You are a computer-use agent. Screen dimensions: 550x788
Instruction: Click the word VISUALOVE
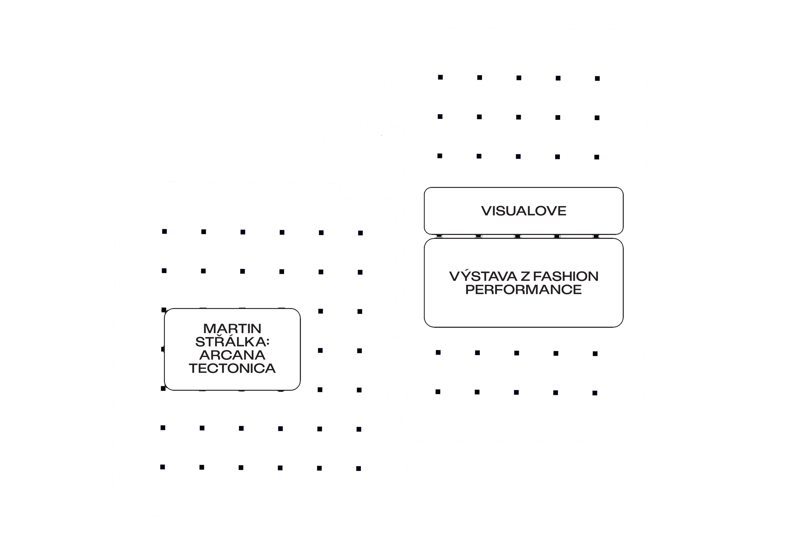pyautogui.click(x=523, y=211)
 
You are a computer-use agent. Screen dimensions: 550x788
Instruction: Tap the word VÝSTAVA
pyautogui.click(x=483, y=276)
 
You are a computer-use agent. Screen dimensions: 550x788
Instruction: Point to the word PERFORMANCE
pyautogui.click(x=523, y=290)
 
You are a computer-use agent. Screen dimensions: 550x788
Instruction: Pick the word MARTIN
pyautogui.click(x=232, y=328)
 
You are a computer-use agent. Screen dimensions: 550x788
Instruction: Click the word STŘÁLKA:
pyautogui.click(x=232, y=342)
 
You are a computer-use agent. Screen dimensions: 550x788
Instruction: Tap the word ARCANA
pyautogui.click(x=232, y=355)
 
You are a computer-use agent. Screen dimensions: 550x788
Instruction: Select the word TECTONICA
pyautogui.click(x=232, y=368)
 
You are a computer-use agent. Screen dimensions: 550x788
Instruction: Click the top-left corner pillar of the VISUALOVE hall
pyautogui.click(x=440, y=77)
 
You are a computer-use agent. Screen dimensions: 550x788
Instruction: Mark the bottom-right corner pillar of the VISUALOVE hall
pyautogui.click(x=595, y=393)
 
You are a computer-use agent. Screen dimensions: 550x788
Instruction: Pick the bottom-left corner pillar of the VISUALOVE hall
pyautogui.click(x=438, y=392)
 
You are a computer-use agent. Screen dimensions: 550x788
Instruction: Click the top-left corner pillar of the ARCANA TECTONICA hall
pyautogui.click(x=164, y=232)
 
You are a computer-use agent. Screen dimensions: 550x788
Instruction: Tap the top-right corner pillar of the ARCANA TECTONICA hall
pyautogui.click(x=360, y=233)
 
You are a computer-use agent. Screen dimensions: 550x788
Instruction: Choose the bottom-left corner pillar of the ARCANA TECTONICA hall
pyautogui.click(x=162, y=467)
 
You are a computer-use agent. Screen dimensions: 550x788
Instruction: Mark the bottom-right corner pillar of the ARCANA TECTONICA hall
pyautogui.click(x=358, y=469)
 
